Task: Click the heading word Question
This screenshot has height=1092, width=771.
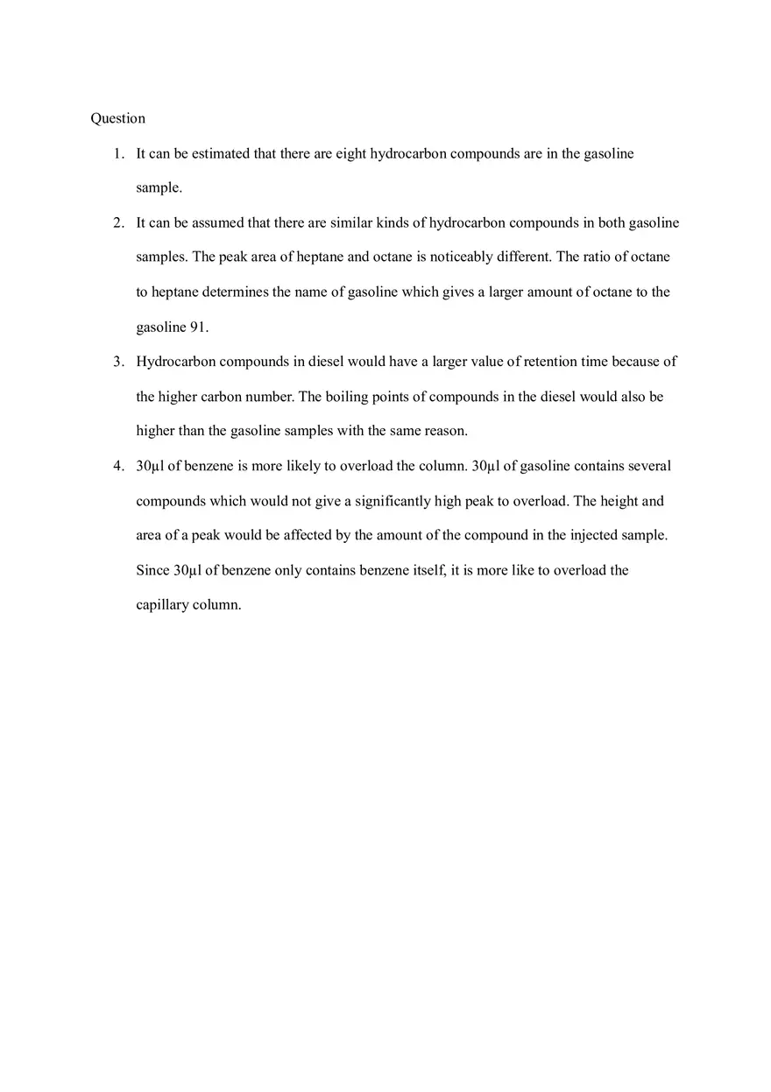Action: click(x=117, y=118)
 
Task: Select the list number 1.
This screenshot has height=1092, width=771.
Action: click(x=117, y=153)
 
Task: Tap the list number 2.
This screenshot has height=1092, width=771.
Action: click(x=117, y=222)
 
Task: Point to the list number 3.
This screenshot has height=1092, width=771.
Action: click(x=117, y=362)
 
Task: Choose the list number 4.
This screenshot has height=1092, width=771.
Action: click(x=117, y=466)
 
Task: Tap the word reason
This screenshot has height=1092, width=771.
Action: click(x=445, y=431)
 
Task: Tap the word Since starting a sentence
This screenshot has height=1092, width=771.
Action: click(x=152, y=570)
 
